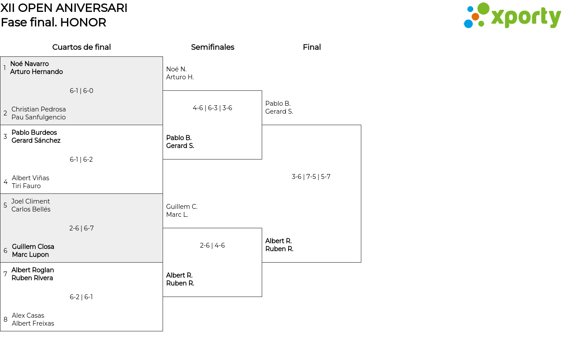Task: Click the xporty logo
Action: [x=512, y=15]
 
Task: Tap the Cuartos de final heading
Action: [x=82, y=47]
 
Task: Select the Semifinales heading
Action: [x=212, y=47]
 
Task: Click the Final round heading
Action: [x=312, y=47]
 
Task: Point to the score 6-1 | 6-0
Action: [x=82, y=91]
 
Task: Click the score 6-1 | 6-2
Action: [x=81, y=160]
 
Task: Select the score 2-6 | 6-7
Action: [x=82, y=228]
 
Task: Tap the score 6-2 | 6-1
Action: [x=81, y=297]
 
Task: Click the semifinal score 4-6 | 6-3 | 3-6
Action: [x=212, y=108]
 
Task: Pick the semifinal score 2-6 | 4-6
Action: [x=212, y=245]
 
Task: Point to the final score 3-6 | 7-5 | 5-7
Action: [x=311, y=177]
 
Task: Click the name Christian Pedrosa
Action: [x=38, y=109]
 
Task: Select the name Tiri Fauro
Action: [x=26, y=186]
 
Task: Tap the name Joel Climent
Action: [x=30, y=201]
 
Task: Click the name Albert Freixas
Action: [x=33, y=323]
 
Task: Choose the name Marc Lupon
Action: [x=30, y=255]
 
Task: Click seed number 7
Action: [x=5, y=274]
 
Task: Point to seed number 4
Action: [x=6, y=182]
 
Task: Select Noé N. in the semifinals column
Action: [x=176, y=69]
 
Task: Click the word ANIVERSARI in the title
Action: [x=91, y=8]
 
